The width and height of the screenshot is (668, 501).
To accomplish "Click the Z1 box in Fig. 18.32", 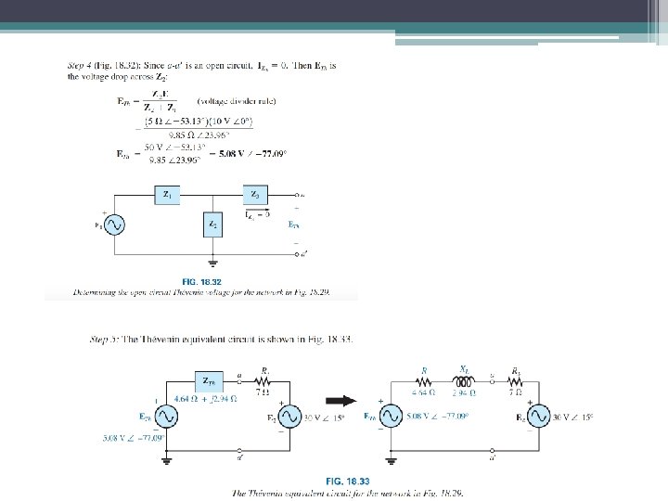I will pyautogui.click(x=167, y=195).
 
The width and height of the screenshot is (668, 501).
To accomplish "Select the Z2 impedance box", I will pyautogui.click(x=212, y=225).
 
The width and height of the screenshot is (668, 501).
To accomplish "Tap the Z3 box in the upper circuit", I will pyautogui.click(x=255, y=195).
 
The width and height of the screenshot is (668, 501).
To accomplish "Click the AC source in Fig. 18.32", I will pyautogui.click(x=115, y=225).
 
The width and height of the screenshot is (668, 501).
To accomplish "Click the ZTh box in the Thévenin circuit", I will pyautogui.click(x=209, y=380).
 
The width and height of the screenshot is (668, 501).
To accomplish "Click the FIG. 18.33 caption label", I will pyautogui.click(x=347, y=481).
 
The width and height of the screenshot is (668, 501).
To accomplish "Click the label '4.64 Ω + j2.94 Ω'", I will pyautogui.click(x=205, y=399).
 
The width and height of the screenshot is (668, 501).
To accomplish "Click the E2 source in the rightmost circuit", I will pyautogui.click(x=537, y=416).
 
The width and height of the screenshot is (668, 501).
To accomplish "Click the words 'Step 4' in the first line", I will pyautogui.click(x=83, y=66).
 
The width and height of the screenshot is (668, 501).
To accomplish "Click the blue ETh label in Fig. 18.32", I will pyautogui.click(x=292, y=225).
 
